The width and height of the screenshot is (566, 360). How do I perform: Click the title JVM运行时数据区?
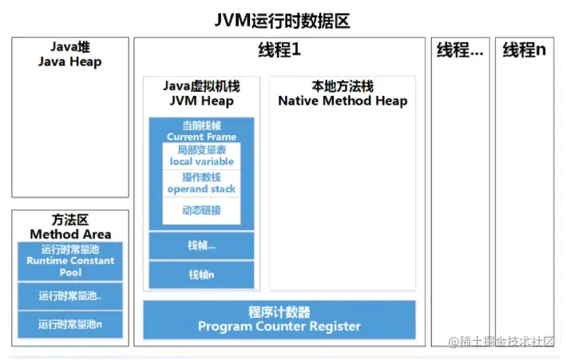[x=283, y=21]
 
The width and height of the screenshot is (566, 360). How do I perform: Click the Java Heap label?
[x=69, y=55]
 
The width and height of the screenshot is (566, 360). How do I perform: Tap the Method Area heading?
[x=70, y=227]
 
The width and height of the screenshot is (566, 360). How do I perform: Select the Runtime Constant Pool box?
[x=70, y=261]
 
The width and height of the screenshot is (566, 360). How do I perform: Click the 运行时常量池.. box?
[x=70, y=296]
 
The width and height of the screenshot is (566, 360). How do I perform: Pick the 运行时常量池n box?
[x=70, y=324]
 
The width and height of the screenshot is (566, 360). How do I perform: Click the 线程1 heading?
[x=279, y=50]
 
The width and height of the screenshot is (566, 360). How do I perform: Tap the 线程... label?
[x=460, y=50]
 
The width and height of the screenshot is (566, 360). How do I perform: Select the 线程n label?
[x=524, y=50]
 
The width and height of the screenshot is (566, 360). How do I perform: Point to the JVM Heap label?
[x=201, y=94]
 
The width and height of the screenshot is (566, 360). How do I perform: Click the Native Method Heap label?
[x=342, y=94]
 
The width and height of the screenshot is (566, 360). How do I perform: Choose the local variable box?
[x=201, y=156]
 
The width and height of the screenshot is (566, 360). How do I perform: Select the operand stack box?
[x=201, y=184]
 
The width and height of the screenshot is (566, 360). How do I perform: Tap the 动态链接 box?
[x=201, y=211]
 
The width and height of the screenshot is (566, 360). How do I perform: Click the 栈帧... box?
[x=201, y=246]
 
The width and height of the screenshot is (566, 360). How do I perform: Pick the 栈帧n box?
[x=201, y=275]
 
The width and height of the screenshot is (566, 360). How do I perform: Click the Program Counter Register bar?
[x=279, y=319]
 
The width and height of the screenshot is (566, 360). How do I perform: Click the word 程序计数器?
[x=279, y=311]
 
